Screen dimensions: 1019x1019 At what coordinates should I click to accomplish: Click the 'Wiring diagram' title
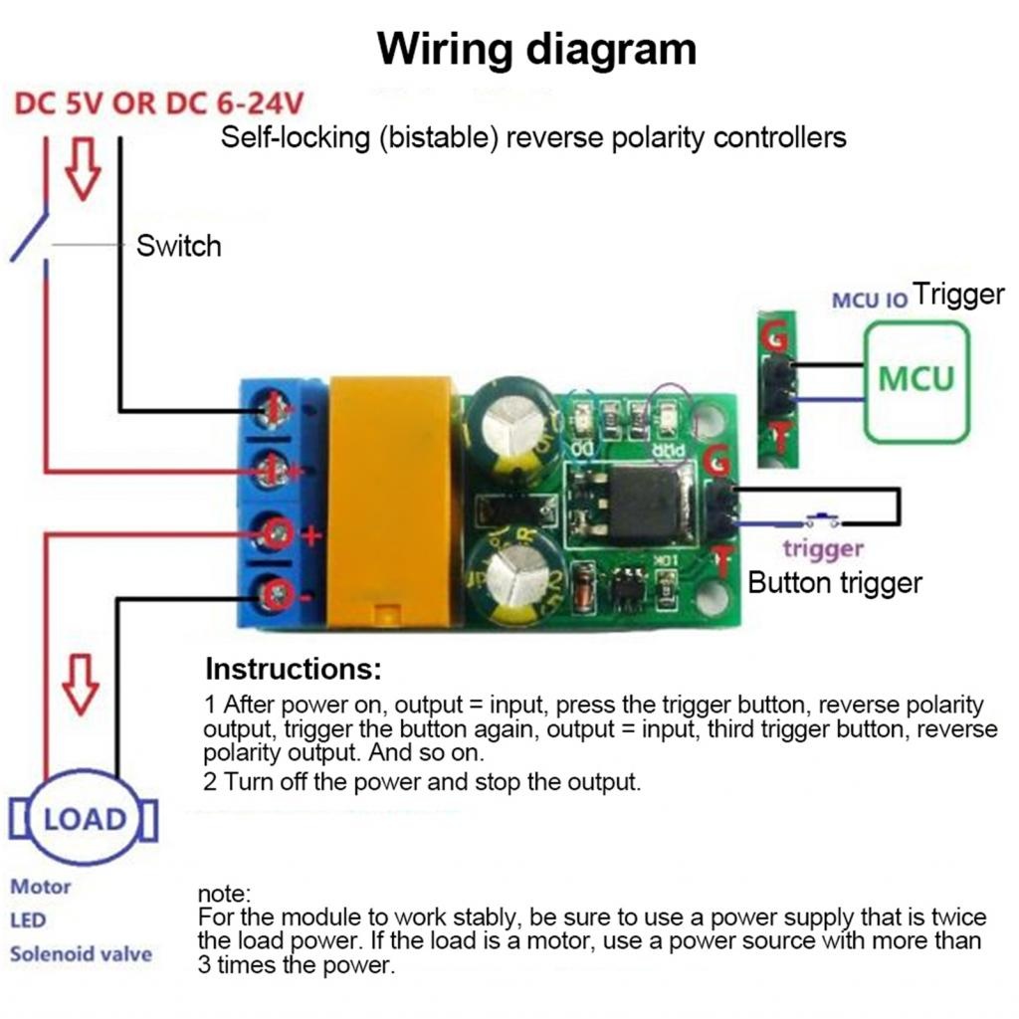point(536,49)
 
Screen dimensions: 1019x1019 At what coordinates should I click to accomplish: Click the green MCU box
point(916,379)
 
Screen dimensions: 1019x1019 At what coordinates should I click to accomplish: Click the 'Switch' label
point(178,246)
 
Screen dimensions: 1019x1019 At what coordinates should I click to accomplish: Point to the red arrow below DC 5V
point(83,167)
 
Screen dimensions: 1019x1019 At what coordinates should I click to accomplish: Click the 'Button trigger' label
point(835,582)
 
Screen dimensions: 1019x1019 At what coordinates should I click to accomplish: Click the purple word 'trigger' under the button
point(822,548)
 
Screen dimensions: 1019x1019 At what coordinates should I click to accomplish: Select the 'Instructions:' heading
point(294,668)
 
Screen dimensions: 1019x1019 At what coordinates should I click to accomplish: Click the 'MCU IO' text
point(870,300)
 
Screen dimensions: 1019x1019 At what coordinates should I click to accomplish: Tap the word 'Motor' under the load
point(41,886)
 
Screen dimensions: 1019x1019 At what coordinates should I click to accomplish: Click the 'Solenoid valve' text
point(81,953)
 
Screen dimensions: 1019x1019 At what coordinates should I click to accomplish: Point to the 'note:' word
point(225,894)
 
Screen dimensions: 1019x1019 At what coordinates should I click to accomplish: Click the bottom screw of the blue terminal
point(276,594)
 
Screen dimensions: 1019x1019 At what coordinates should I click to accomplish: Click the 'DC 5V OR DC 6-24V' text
point(159,103)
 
